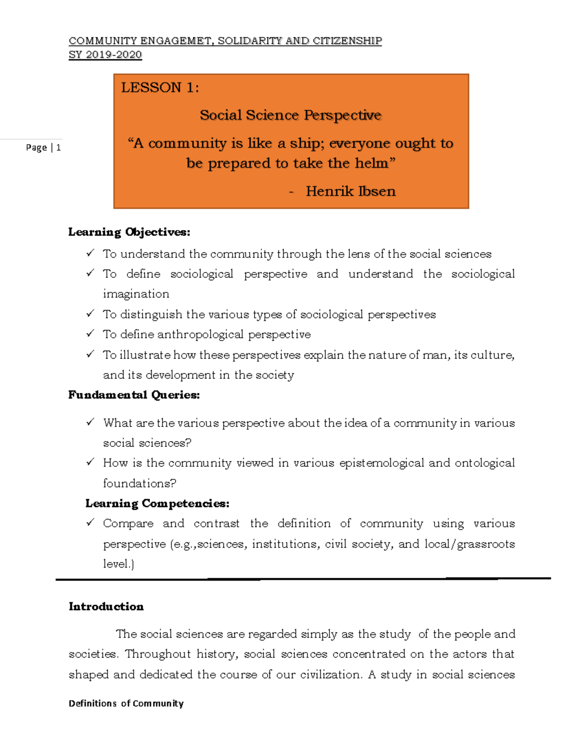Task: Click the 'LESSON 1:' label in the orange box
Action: point(160,88)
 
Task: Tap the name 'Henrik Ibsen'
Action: point(350,191)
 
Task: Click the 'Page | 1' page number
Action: point(43,148)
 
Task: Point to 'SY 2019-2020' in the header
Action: point(105,55)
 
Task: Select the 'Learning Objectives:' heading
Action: point(129,232)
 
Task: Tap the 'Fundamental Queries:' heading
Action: point(134,395)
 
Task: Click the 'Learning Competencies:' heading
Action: point(157,503)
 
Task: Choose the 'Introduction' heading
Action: point(106,607)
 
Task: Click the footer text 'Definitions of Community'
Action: point(126,703)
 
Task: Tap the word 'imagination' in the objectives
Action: point(136,294)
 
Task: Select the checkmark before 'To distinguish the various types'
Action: point(90,314)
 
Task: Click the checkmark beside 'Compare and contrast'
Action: point(90,523)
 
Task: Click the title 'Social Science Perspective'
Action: point(291,115)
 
